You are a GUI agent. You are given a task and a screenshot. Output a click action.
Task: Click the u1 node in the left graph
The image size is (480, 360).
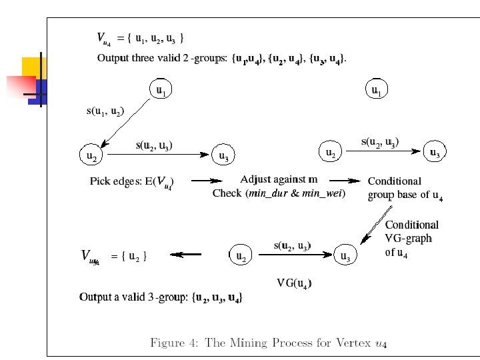[x=161, y=89]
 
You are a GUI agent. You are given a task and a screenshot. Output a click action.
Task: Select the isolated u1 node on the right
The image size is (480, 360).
[x=377, y=89]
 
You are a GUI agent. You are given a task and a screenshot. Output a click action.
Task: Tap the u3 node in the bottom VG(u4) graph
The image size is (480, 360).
[x=345, y=256]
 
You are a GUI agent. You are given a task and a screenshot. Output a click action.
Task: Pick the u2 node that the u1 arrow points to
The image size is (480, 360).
[x=91, y=157]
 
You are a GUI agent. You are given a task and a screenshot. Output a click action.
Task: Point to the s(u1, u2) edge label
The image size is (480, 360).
[x=105, y=111]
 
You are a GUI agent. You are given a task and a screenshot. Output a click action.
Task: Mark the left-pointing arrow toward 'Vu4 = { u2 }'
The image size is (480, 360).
[x=186, y=254]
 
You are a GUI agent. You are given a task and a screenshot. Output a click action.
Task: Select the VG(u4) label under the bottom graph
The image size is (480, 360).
[x=294, y=283]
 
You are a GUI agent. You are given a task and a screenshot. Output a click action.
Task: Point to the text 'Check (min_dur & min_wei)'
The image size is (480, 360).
[x=279, y=193]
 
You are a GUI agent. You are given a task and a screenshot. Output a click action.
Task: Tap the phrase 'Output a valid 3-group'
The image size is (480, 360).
[x=133, y=297]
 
